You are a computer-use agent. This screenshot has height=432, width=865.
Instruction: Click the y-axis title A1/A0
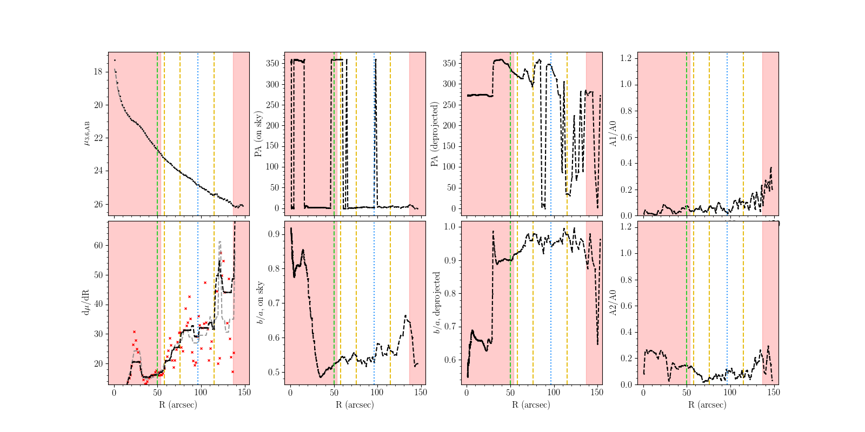[613, 133]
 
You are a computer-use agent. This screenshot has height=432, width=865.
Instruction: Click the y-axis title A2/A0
[613, 302]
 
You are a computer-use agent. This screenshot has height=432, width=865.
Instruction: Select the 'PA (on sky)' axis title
[258, 134]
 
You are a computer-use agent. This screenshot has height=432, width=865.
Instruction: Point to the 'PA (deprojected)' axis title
[435, 134]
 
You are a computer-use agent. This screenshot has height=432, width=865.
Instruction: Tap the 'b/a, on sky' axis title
[260, 302]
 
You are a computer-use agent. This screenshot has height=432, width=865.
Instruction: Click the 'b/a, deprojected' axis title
[436, 302]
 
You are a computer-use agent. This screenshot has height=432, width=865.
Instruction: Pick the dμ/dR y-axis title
[85, 302]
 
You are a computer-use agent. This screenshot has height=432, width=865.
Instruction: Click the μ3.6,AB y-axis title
[85, 134]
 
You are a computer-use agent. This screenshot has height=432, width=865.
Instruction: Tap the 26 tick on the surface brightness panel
[98, 204]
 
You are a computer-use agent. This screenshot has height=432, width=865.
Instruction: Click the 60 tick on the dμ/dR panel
[98, 245]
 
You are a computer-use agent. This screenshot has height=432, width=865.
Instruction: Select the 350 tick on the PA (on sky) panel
[272, 63]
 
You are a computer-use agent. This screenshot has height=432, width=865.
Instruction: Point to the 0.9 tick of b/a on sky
[273, 234]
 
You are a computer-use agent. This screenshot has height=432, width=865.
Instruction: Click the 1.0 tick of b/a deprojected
[450, 227]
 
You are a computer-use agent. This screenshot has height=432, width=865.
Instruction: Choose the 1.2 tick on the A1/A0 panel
[626, 58]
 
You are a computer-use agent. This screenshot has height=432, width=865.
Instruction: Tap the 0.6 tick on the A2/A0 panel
[626, 306]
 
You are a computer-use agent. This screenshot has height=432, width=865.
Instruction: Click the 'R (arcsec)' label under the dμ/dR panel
[178, 404]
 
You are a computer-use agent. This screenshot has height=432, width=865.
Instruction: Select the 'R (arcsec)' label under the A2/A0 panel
[708, 404]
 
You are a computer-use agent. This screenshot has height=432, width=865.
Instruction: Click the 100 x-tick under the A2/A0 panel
[730, 393]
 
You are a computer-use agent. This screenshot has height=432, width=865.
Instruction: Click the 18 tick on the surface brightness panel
[98, 72]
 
